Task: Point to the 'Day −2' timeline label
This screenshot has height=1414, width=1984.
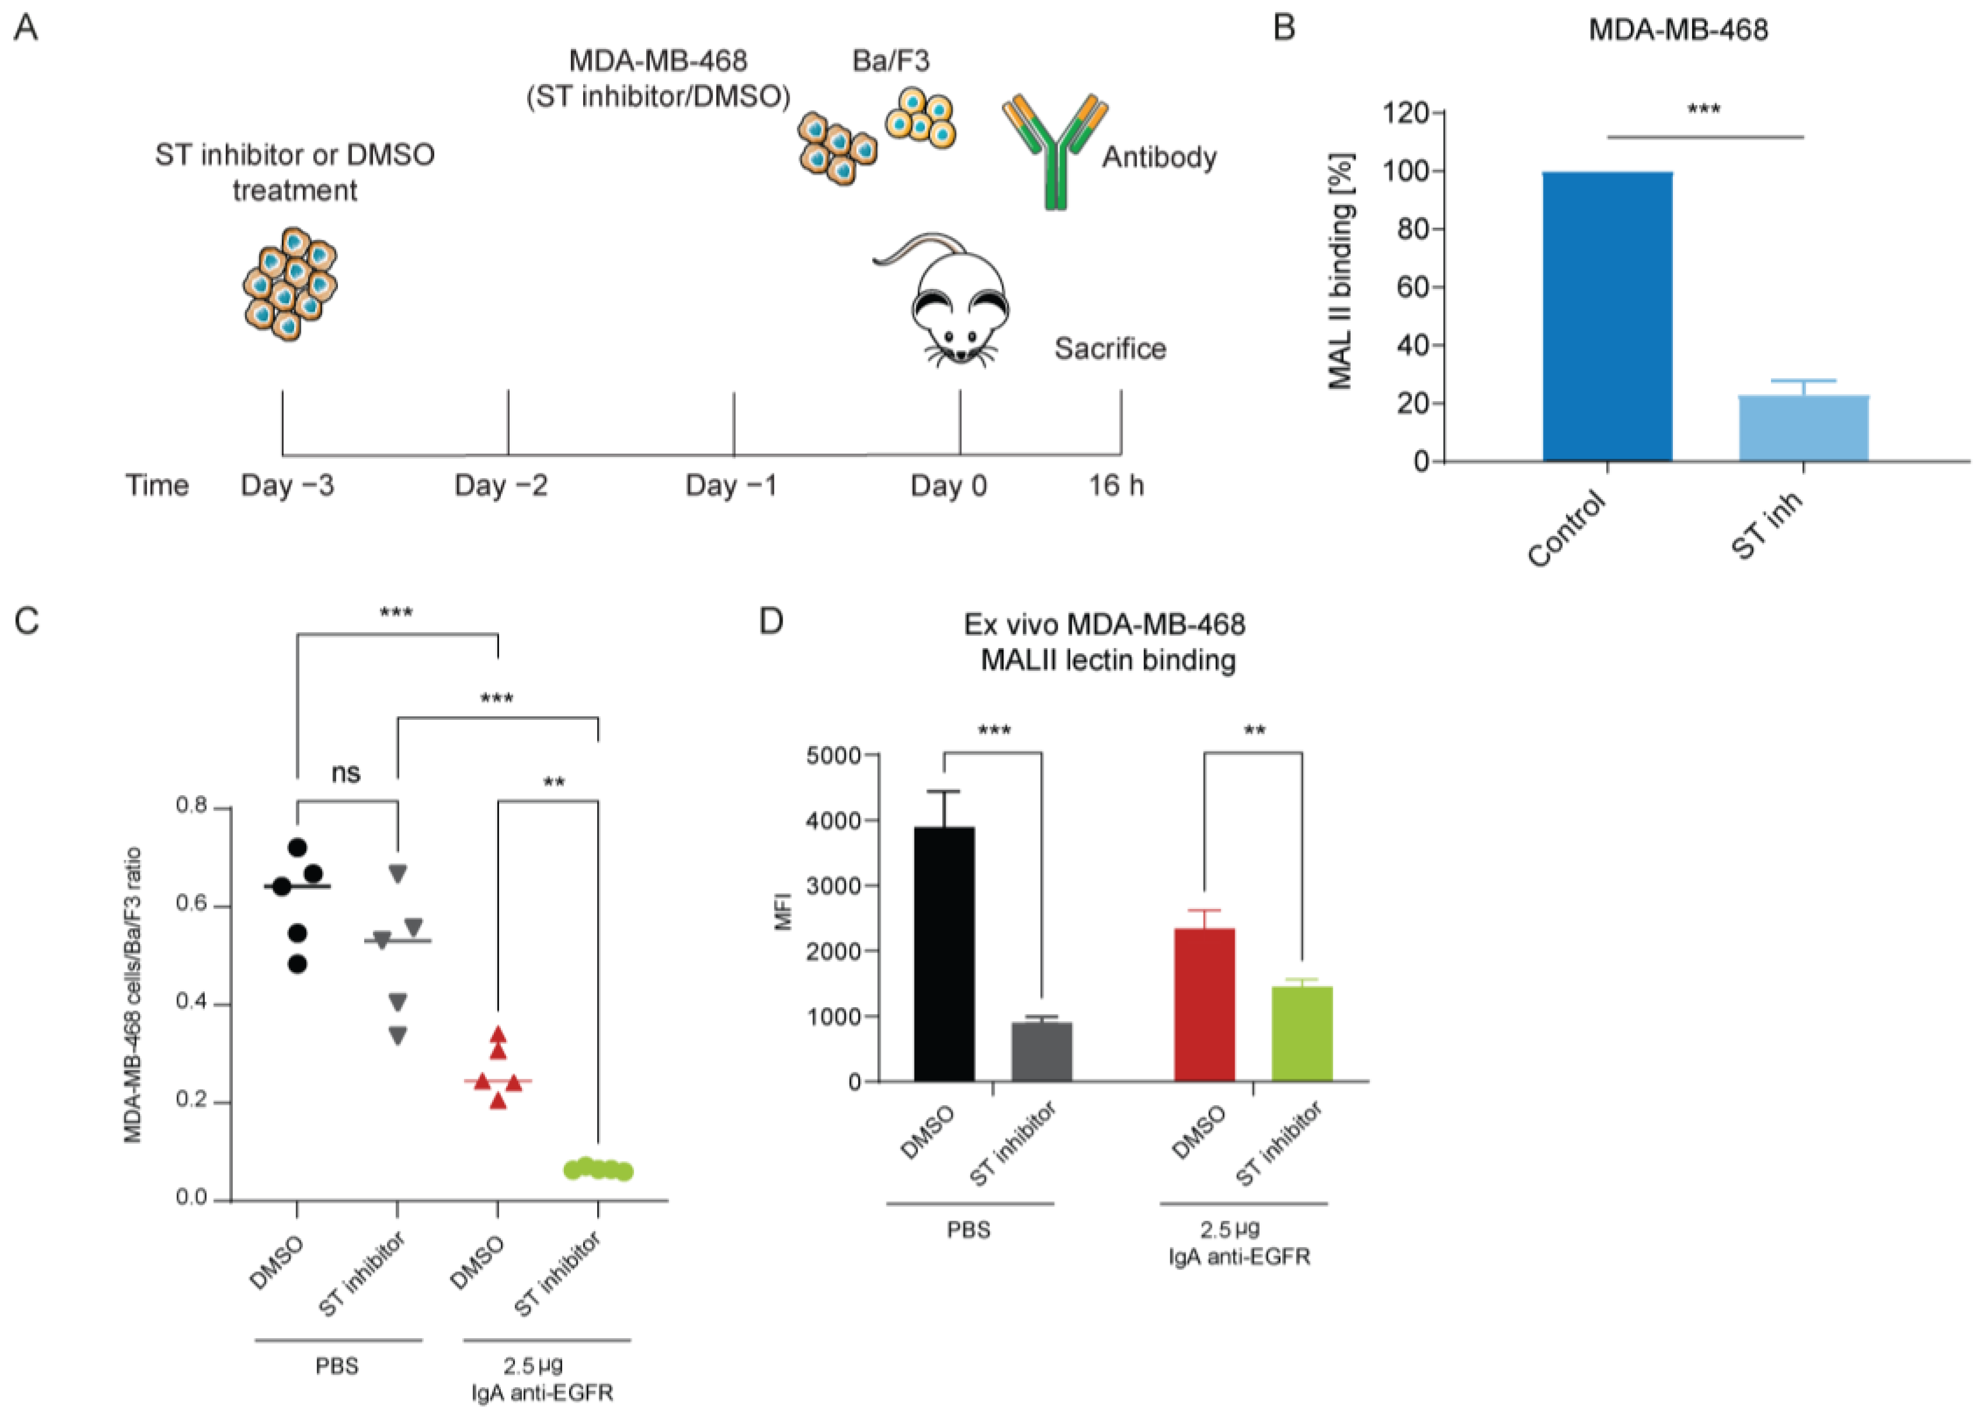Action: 501,485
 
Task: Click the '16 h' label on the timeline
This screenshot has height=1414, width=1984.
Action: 1115,485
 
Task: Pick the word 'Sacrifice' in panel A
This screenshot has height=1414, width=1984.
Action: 1110,349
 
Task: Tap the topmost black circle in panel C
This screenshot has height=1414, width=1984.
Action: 298,847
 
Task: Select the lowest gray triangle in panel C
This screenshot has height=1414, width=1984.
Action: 398,1036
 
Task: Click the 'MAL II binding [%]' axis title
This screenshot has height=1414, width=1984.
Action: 1341,271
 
